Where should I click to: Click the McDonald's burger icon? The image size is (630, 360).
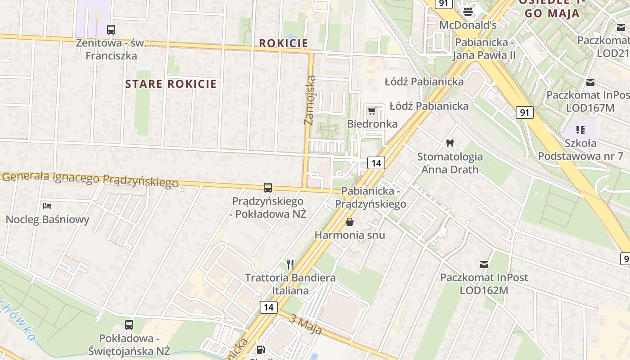pos(468,11)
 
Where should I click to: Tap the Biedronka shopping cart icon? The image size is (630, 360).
pos(372,111)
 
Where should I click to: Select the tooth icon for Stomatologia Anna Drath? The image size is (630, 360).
pos(449,144)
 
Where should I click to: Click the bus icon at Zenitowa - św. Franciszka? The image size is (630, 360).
pos(111,30)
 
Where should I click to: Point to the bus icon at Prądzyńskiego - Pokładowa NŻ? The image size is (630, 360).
pos(268,188)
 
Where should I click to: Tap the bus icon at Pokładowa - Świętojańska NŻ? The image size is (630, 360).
pos(129,325)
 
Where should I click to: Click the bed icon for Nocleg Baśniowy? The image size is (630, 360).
pos(47,206)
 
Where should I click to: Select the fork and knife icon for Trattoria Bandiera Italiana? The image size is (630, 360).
pos(290,264)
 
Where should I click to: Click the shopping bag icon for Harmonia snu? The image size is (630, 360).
pos(350,221)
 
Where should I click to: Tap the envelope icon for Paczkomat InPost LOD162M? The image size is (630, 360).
pos(484,264)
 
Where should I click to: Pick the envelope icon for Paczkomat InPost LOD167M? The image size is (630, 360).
pos(590,82)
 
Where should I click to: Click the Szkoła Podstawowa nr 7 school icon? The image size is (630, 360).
pos(580,130)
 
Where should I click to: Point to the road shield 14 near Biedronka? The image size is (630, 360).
pos(376,163)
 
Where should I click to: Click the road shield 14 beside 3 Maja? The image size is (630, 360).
pos(268,307)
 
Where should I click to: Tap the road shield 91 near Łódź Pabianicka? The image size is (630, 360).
pos(525,112)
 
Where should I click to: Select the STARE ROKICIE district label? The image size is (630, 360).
pos(171,84)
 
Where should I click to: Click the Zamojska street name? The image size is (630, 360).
pos(310,100)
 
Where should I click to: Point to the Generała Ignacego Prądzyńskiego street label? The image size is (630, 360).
pos(90,179)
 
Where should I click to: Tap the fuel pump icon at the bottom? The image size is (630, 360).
pos(261,350)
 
